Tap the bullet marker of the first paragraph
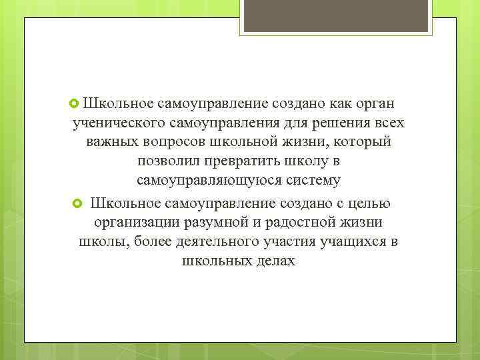[x=75, y=103]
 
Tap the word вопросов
[x=173, y=143]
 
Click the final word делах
[x=271, y=261]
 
